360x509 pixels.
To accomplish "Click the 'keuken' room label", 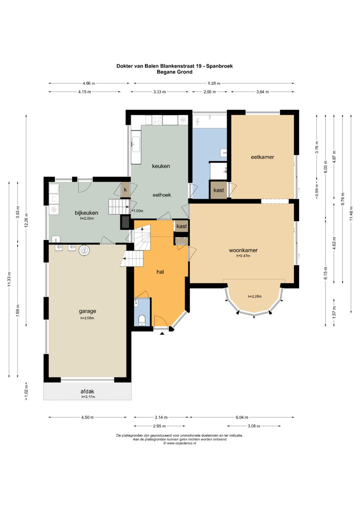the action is [x=161, y=166].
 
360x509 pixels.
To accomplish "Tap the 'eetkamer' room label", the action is [x=262, y=157].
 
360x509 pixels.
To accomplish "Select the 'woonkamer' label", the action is [x=243, y=250].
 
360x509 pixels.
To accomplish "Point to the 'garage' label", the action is [x=87, y=311].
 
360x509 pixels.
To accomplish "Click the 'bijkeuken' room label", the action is [x=87, y=213].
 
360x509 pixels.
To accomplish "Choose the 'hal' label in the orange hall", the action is [x=160, y=272].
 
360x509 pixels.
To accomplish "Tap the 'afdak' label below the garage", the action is [x=87, y=391].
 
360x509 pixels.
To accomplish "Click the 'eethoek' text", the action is [x=162, y=195].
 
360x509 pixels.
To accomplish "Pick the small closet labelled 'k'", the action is [x=125, y=190].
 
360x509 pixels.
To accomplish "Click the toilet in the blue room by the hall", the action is [x=142, y=320].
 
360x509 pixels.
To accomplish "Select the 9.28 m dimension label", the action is [x=214, y=83].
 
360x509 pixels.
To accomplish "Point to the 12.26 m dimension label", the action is [x=26, y=220].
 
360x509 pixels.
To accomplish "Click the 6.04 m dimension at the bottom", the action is [x=242, y=417].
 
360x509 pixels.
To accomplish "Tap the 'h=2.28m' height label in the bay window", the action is [x=255, y=296].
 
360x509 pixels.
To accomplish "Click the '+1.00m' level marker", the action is [x=137, y=211].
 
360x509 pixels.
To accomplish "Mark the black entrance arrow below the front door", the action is [x=162, y=333].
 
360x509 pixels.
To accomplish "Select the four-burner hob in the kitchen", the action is [x=157, y=120].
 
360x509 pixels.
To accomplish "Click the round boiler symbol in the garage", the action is [x=84, y=251].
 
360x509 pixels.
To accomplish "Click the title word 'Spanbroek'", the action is [x=219, y=66].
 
